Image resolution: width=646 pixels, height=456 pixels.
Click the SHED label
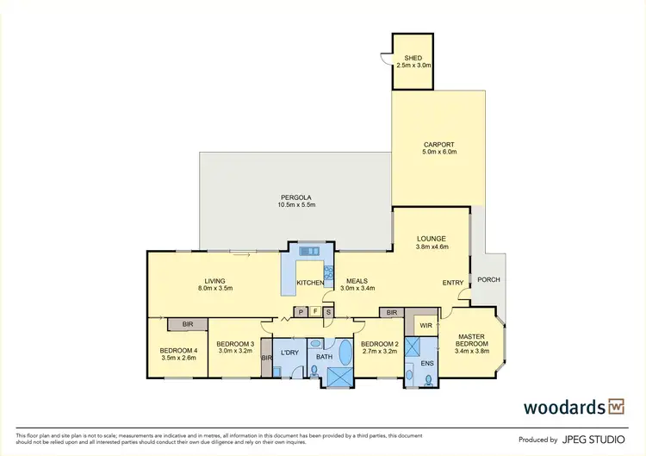(x=413, y=57)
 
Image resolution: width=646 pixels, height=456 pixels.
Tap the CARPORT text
(x=438, y=144)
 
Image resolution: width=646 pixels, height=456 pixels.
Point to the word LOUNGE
(x=432, y=237)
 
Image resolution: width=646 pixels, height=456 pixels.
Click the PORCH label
(x=488, y=280)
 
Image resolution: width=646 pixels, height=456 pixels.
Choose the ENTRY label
(x=453, y=283)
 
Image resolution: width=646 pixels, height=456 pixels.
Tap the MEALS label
(x=357, y=280)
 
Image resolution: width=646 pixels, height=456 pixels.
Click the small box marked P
(x=301, y=311)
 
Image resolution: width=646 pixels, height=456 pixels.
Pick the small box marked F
(x=314, y=311)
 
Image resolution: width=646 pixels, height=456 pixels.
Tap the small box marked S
(x=328, y=311)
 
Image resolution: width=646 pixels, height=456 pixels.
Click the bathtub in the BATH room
(x=345, y=353)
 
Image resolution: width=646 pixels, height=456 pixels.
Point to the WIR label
(x=425, y=326)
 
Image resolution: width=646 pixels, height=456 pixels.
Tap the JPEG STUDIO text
(x=595, y=439)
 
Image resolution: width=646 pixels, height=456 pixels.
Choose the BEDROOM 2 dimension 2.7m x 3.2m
(x=378, y=352)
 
